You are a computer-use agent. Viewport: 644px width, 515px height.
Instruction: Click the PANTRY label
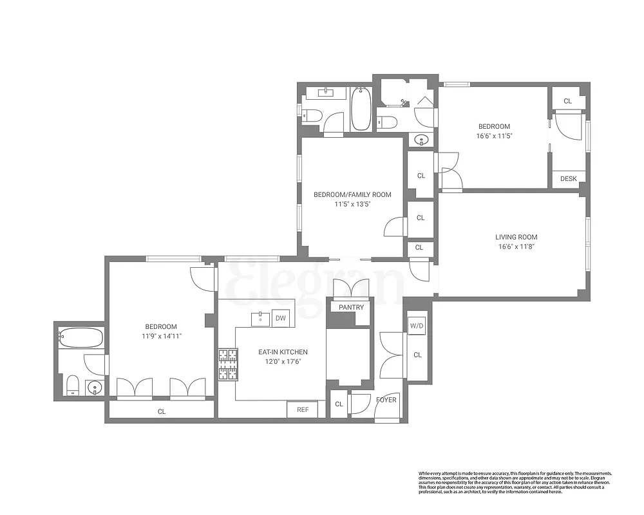pyautogui.click(x=351, y=307)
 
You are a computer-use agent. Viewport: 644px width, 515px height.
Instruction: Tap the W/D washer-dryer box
pyautogui.click(x=417, y=326)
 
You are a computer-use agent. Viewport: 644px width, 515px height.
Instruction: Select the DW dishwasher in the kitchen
pyautogui.click(x=280, y=318)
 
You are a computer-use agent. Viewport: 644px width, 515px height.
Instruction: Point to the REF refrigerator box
pyautogui.click(x=302, y=409)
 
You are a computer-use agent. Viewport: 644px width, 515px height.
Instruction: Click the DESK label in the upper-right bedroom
pyautogui.click(x=569, y=179)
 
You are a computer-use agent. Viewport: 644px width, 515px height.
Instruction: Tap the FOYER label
pyautogui.click(x=386, y=400)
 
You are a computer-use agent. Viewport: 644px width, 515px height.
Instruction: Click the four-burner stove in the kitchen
pyautogui.click(x=227, y=366)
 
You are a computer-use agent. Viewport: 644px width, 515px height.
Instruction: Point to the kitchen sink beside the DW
pyautogui.click(x=260, y=318)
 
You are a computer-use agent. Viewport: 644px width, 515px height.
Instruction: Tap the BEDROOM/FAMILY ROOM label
pyautogui.click(x=352, y=194)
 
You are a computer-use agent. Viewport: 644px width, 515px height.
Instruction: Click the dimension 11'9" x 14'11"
pyautogui.click(x=160, y=336)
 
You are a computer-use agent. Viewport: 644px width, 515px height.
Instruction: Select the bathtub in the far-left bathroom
pyautogui.click(x=80, y=337)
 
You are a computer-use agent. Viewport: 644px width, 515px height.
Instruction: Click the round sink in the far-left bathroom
pyautogui.click(x=95, y=388)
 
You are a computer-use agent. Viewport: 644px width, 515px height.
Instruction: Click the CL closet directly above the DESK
pyautogui.click(x=567, y=101)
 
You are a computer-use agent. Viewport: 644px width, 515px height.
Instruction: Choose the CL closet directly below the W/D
pyautogui.click(x=417, y=355)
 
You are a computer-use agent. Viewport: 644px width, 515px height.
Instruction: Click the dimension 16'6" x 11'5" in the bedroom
pyautogui.click(x=494, y=136)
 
